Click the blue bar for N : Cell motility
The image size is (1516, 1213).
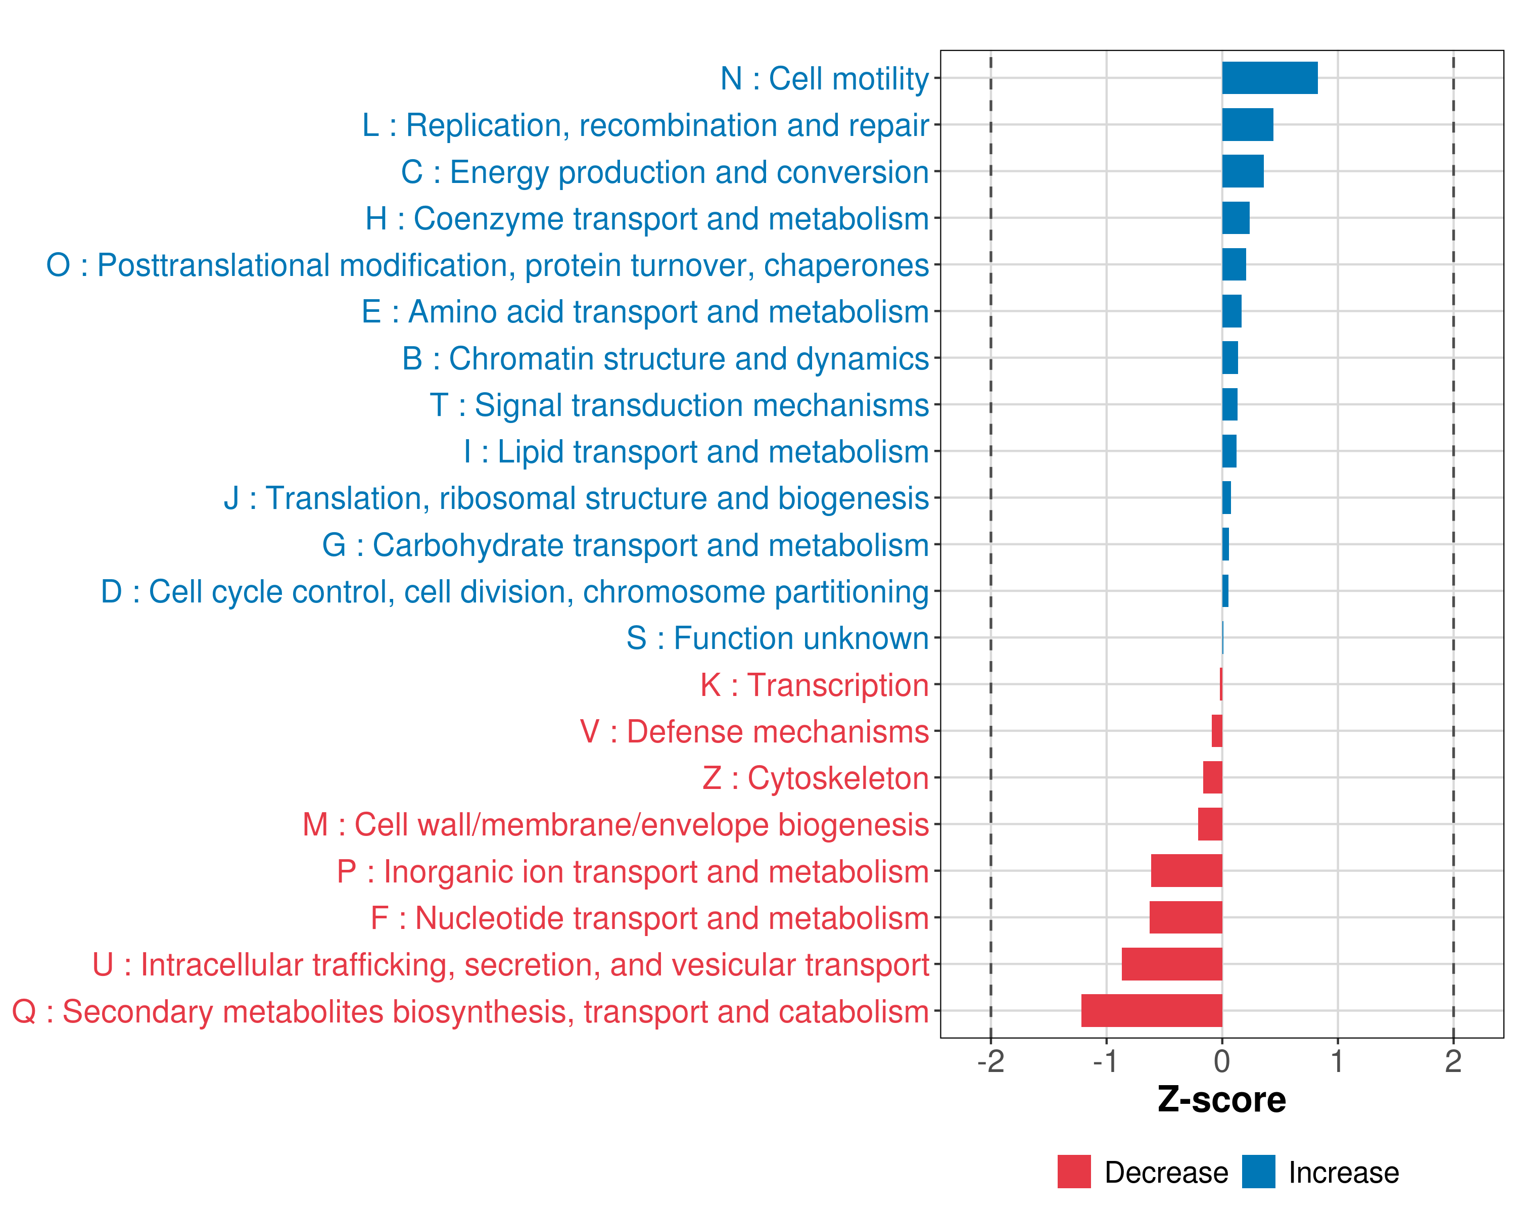pos(1269,78)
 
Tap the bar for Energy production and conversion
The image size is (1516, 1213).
pos(1243,171)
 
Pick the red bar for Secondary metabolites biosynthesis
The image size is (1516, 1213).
pos(1151,1010)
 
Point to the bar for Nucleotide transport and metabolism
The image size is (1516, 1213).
pos(1186,917)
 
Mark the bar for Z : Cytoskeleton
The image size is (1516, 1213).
pos(1212,777)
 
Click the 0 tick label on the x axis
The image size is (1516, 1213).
pos(1222,1061)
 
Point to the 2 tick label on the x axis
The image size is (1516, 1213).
pos(1453,1061)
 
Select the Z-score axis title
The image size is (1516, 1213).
pos(1221,1100)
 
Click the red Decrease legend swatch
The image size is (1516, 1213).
pos(1074,1172)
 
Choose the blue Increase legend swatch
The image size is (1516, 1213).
pos(1258,1172)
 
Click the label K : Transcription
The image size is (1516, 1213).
pos(814,685)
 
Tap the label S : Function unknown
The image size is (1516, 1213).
pos(777,638)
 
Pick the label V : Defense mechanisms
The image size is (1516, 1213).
pos(754,732)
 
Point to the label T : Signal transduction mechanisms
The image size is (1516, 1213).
pos(679,405)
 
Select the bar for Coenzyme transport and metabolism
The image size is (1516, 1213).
pos(1236,218)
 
